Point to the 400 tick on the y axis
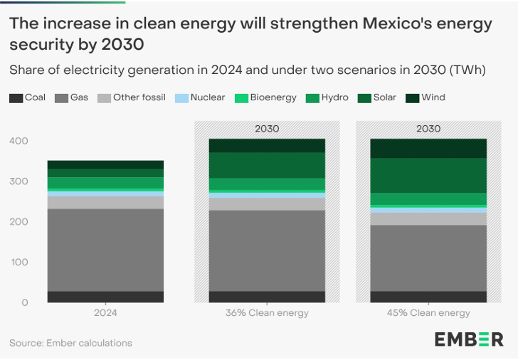click(x=19, y=141)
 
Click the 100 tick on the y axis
click(x=19, y=263)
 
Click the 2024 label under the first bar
click(x=105, y=313)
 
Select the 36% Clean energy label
click(x=267, y=313)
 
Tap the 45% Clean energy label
click(x=428, y=313)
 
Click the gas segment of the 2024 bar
click(x=105, y=250)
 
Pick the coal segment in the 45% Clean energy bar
click(x=428, y=297)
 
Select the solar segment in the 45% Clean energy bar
click(x=428, y=175)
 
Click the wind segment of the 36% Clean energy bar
click(x=267, y=146)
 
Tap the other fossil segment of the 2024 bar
click(x=105, y=203)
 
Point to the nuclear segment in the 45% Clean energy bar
click(x=428, y=210)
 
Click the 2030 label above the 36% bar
click(x=267, y=129)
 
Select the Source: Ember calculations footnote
click(x=70, y=343)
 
